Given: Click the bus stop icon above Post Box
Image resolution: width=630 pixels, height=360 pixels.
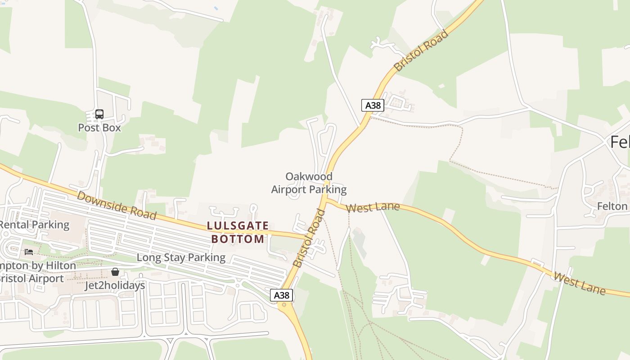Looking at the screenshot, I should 99,114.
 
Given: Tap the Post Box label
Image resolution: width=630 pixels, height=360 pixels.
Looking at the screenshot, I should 99,128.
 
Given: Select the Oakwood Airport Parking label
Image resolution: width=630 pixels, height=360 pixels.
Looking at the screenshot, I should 309,183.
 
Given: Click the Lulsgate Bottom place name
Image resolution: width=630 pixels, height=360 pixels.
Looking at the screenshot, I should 238,232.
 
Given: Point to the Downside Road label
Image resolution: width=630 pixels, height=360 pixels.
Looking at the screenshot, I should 117,205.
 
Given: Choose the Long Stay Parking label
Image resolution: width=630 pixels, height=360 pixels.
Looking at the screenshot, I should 181,257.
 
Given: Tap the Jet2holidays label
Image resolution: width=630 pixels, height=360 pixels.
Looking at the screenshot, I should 115,285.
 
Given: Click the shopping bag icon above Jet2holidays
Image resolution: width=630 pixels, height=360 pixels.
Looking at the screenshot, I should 115,272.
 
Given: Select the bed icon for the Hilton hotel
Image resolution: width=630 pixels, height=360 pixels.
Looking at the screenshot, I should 29,252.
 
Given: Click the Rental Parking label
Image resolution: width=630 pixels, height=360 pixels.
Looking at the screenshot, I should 35,225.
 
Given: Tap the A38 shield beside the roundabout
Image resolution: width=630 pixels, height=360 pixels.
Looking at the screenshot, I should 282,295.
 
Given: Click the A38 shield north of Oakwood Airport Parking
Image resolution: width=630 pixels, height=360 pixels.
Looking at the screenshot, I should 373,105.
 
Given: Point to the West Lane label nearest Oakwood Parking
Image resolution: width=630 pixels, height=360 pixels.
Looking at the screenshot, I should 373,207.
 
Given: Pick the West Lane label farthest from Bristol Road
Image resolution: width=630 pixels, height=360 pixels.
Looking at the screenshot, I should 580,283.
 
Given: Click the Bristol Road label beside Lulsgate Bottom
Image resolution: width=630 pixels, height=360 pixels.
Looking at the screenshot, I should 309,238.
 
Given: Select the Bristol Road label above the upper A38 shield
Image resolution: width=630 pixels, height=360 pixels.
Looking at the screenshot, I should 421,50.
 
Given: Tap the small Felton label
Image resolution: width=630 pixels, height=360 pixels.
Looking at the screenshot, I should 612,206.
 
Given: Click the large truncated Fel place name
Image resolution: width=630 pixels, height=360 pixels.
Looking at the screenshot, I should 620,142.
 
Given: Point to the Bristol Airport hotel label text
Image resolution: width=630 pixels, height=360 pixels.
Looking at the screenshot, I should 31,279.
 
